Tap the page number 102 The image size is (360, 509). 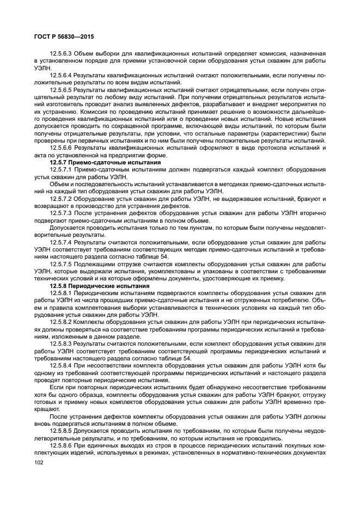tap(39, 462)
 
